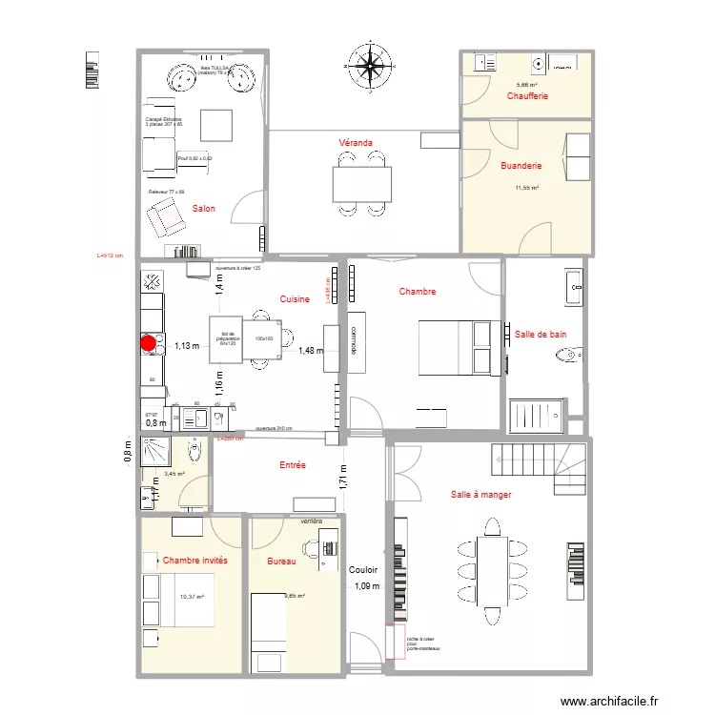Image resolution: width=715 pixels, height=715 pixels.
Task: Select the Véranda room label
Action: [x=356, y=142]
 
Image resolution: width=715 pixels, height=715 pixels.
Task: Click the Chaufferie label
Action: [x=527, y=96]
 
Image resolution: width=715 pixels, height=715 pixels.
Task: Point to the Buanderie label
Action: [x=521, y=166]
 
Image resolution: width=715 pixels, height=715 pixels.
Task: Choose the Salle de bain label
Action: [x=541, y=335]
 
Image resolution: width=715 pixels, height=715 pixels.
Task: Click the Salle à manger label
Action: [x=481, y=495]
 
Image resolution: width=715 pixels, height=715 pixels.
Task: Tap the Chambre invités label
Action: [x=195, y=562]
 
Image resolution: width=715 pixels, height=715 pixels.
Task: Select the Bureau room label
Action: [x=283, y=562]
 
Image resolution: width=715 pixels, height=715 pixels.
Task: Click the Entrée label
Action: [x=293, y=465]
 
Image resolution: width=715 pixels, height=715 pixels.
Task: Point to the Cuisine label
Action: [x=295, y=299]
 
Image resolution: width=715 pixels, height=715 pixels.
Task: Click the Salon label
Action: [x=203, y=209]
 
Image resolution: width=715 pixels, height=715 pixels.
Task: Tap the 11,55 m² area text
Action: [x=527, y=189]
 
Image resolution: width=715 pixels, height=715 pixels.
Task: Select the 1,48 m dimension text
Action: [x=311, y=351]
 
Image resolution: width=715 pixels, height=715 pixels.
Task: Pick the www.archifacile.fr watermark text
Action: [x=610, y=701]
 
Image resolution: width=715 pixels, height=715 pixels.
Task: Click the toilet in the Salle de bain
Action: [x=566, y=357]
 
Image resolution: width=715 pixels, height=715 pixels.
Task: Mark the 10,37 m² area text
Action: [x=193, y=597]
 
